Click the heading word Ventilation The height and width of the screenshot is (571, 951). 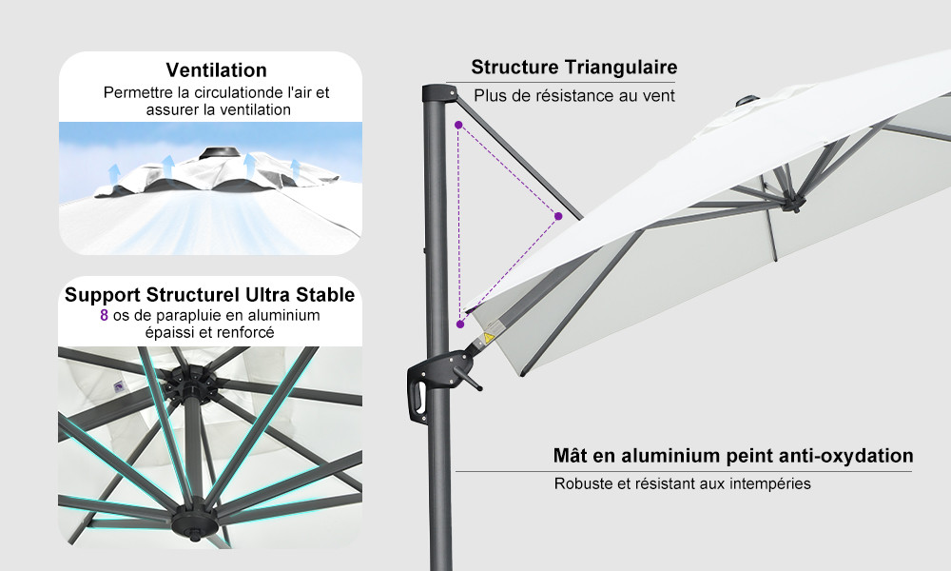pyautogui.click(x=217, y=69)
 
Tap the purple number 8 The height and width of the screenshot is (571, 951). pyautogui.click(x=105, y=316)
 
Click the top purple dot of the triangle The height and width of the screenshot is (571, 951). pyautogui.click(x=458, y=125)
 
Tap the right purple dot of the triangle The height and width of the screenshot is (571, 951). pyautogui.click(x=558, y=216)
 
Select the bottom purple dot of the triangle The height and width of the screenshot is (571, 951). pyautogui.click(x=460, y=325)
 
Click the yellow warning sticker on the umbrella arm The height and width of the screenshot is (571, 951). pyautogui.click(x=489, y=338)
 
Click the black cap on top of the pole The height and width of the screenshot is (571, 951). pyautogui.click(x=438, y=93)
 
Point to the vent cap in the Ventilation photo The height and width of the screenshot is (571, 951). pyautogui.click(x=219, y=153)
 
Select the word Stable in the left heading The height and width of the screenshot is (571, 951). pyautogui.click(x=325, y=295)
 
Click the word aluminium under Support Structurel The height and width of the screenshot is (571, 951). pyautogui.click(x=281, y=316)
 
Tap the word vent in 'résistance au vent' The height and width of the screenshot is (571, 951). pyautogui.click(x=658, y=96)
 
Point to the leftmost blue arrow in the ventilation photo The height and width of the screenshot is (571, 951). pyautogui.click(x=113, y=173)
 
